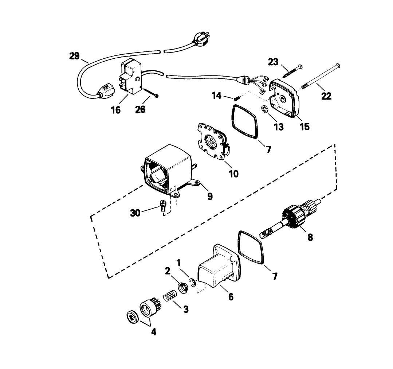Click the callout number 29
pyautogui.click(x=74, y=56)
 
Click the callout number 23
pyautogui.click(x=273, y=62)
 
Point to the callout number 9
pyautogui.click(x=210, y=197)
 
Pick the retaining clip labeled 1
pyautogui.click(x=193, y=282)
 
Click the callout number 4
pyautogui.click(x=154, y=332)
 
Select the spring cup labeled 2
pyautogui.click(x=184, y=287)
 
